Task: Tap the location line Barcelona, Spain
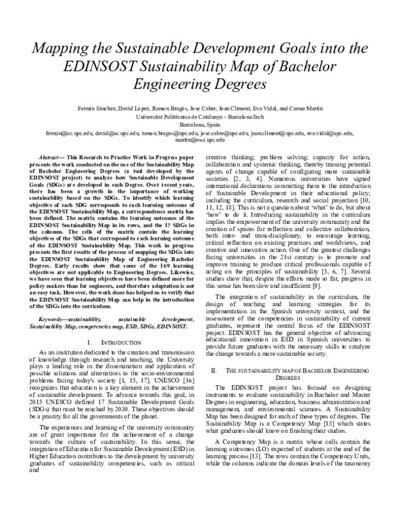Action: (200, 124)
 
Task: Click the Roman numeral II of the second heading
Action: (213, 369)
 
